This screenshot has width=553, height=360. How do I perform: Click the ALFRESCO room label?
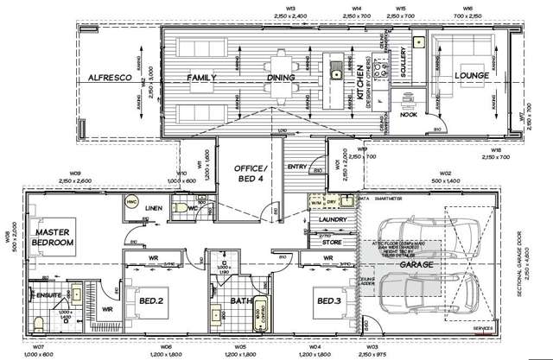[x=109, y=78]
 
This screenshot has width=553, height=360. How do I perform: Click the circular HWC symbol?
[x=132, y=202]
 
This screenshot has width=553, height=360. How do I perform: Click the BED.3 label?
[x=329, y=300]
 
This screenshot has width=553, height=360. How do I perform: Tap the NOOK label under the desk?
[x=409, y=114]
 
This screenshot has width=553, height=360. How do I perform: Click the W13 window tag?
[x=296, y=8]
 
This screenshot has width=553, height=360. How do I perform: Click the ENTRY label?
[x=296, y=166]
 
